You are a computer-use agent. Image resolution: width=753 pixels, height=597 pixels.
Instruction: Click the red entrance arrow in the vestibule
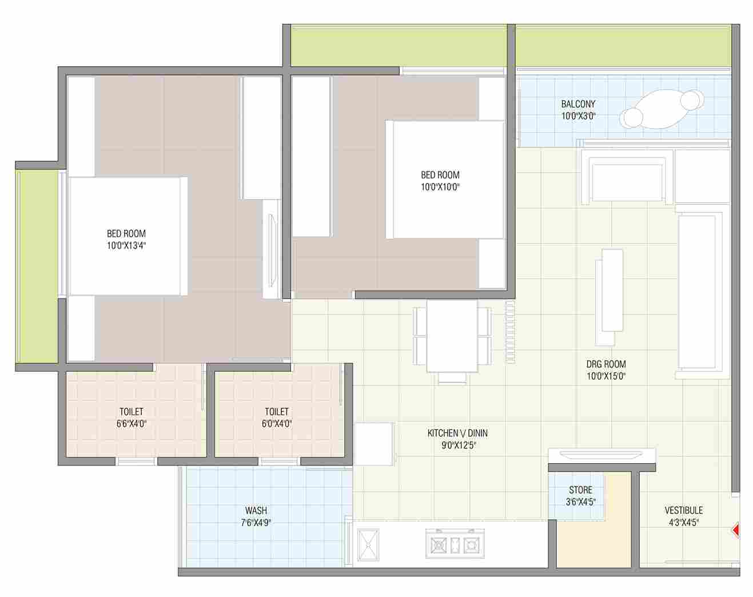pyautogui.click(x=736, y=531)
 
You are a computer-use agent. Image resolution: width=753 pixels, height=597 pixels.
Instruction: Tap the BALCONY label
pyautogui.click(x=578, y=104)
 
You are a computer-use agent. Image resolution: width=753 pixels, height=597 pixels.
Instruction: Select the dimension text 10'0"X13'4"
pyautogui.click(x=126, y=245)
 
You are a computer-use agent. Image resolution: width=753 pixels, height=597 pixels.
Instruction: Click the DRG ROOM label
pyautogui.click(x=606, y=364)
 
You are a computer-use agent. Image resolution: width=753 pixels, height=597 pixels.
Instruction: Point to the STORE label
pyautogui.click(x=580, y=489)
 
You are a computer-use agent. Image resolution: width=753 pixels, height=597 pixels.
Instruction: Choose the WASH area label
pyautogui.click(x=256, y=510)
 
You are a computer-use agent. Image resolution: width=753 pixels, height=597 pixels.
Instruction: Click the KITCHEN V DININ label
pyautogui.click(x=457, y=433)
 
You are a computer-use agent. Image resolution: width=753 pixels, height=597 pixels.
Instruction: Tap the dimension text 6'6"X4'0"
pyautogui.click(x=131, y=424)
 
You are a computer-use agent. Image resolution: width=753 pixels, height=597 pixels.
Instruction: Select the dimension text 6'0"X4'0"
pyautogui.click(x=277, y=424)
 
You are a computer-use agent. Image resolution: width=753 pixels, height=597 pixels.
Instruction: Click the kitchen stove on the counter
pyautogui.click(x=455, y=543)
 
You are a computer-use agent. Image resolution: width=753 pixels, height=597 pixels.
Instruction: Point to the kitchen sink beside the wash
pyautogui.click(x=368, y=544)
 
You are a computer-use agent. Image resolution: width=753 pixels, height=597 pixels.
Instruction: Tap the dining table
pyautogui.click(x=452, y=336)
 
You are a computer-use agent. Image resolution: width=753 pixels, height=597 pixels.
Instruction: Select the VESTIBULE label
pyautogui.click(x=684, y=510)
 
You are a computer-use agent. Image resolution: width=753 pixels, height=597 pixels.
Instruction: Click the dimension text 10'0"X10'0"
pyautogui.click(x=440, y=187)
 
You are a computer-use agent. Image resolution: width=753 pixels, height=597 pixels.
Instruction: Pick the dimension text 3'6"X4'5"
pyautogui.click(x=580, y=502)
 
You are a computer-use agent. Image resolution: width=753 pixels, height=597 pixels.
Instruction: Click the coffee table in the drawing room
pyautogui.click(x=612, y=290)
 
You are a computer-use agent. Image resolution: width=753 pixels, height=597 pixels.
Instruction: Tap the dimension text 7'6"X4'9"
pyautogui.click(x=256, y=523)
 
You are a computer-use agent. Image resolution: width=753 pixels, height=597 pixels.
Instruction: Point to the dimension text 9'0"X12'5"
pyautogui.click(x=459, y=445)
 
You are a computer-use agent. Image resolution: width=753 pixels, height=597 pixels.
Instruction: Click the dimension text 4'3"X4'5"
pyautogui.click(x=684, y=523)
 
